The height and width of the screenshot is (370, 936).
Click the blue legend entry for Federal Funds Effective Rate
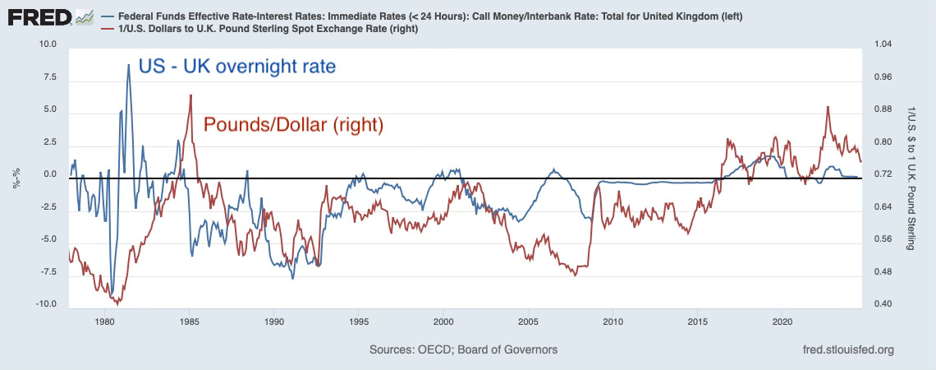tap(427, 16)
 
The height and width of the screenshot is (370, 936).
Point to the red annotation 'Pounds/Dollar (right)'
tap(293, 125)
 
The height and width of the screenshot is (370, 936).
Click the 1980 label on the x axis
tap(104, 321)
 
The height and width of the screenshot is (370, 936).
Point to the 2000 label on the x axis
tap(443, 321)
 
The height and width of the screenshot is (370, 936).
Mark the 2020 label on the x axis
tap(782, 321)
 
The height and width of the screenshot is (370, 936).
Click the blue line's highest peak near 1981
tap(129, 65)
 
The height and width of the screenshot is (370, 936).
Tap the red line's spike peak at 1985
tap(190, 95)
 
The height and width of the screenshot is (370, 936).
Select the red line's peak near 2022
tap(828, 107)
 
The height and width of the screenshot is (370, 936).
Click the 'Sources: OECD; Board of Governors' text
tap(463, 349)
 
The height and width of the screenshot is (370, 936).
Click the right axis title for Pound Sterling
tap(913, 174)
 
